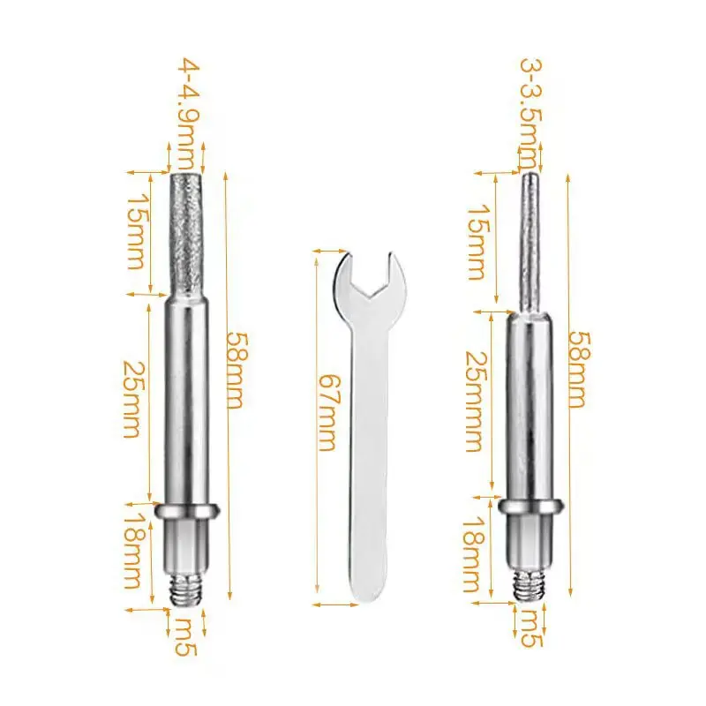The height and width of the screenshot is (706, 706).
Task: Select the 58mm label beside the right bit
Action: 576,369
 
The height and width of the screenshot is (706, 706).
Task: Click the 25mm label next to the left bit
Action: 132,400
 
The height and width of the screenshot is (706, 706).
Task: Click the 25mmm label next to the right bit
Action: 474,402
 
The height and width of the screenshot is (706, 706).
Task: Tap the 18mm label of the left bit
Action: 132,552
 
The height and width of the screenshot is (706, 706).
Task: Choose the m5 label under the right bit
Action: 529,626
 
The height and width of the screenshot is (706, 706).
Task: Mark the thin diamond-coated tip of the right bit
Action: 529,238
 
